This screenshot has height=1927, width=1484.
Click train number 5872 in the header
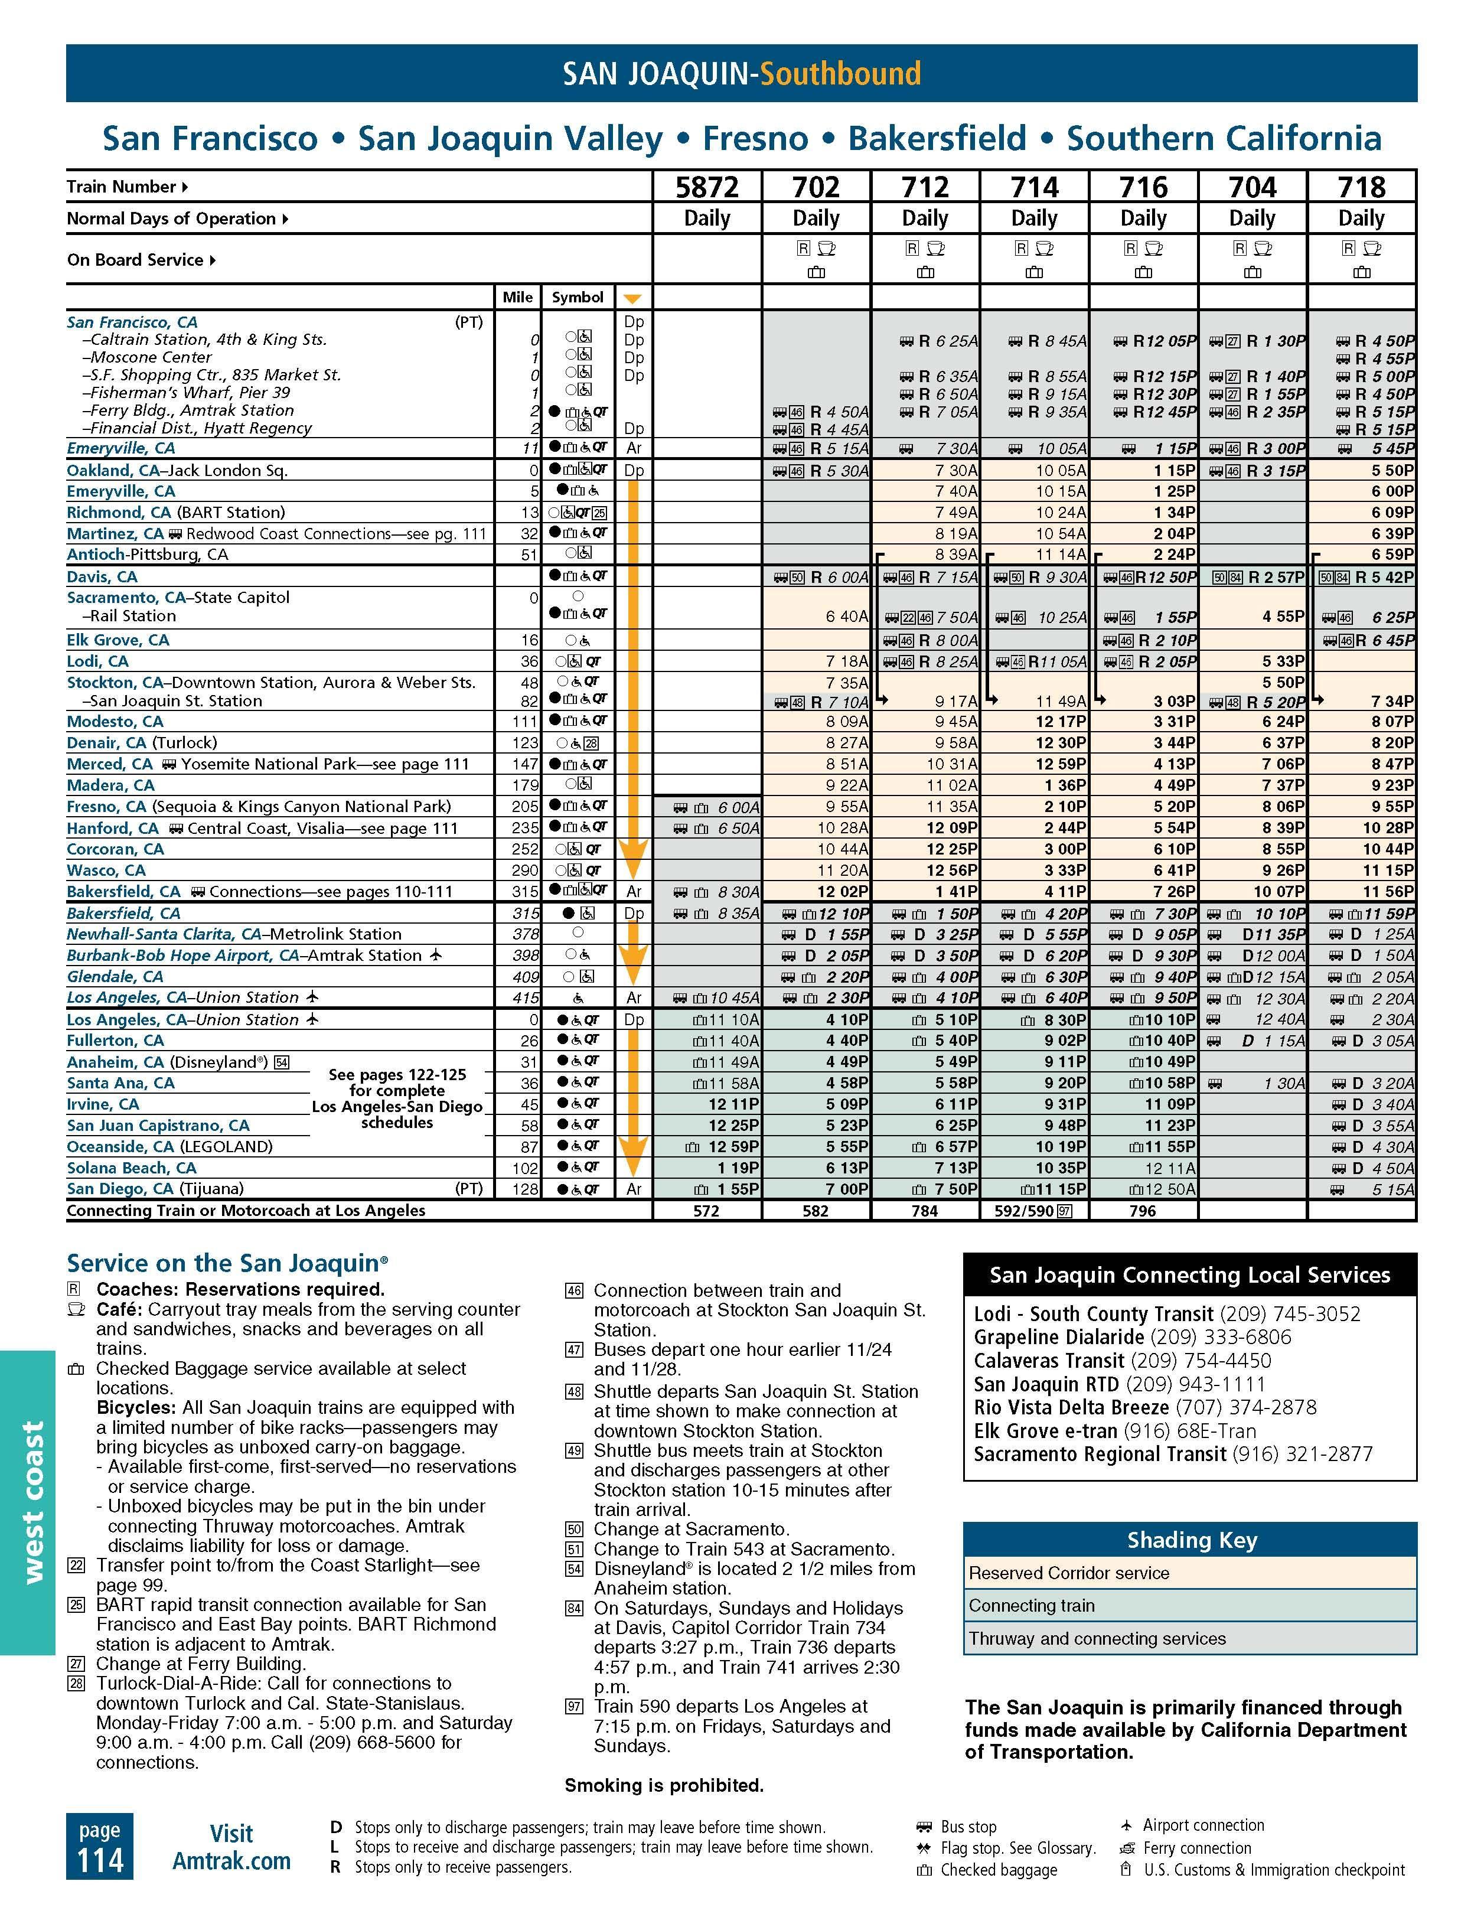(707, 187)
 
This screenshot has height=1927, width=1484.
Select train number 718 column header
(1361, 187)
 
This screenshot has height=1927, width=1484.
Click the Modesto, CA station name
(115, 722)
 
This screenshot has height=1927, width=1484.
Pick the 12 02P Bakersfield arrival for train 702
(843, 891)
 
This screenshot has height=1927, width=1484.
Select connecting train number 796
(1143, 1211)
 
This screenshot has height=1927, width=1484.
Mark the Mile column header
(517, 297)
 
